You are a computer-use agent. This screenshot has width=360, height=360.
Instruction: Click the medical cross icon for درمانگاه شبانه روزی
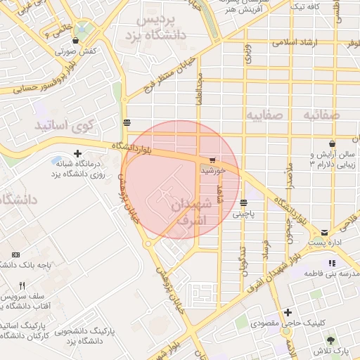(x=77, y=153)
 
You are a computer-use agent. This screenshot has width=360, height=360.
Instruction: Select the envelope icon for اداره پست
(x=324, y=232)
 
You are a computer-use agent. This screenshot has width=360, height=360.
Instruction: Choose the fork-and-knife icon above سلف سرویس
(x=22, y=286)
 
